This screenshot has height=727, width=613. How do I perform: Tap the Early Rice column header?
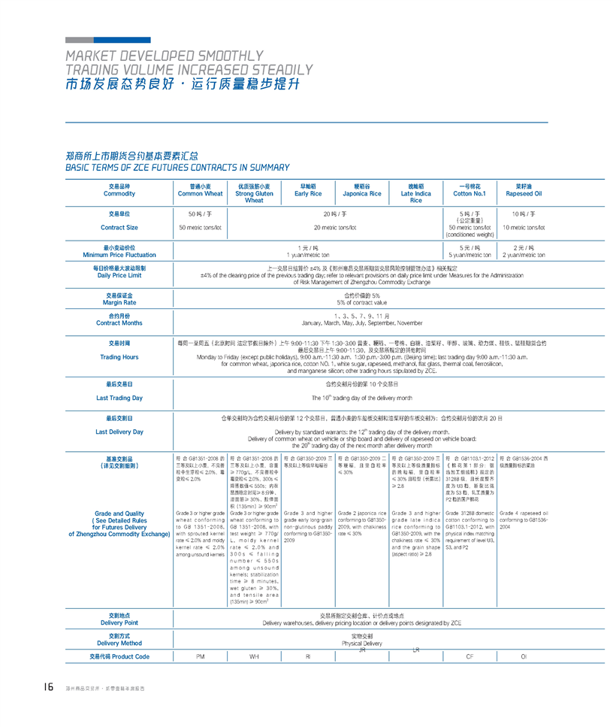coord(308,193)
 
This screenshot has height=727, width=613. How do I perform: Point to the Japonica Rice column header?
coord(361,193)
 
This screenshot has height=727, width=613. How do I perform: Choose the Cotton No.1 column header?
coord(470,193)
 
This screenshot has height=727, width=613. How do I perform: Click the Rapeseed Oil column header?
coord(524,193)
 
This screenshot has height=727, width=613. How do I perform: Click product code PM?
coord(200,656)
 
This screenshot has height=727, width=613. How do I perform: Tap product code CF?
coord(470,656)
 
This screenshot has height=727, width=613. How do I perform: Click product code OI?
coord(524,656)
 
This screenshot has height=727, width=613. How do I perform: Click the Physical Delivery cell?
coord(361,644)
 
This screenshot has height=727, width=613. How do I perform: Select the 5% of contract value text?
coord(361,302)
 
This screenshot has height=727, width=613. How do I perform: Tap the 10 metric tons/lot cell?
coord(524,227)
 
